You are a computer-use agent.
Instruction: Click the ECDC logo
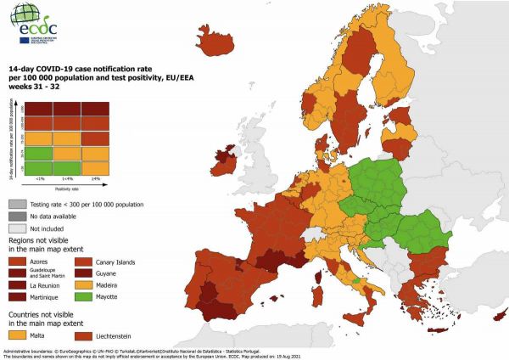point(36,21)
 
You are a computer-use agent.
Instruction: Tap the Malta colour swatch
point(16,337)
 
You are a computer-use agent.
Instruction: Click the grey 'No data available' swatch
point(16,216)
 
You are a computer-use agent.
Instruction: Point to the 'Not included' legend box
point(16,228)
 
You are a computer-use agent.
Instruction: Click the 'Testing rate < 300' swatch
point(16,204)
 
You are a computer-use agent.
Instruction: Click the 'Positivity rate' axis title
point(67,189)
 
